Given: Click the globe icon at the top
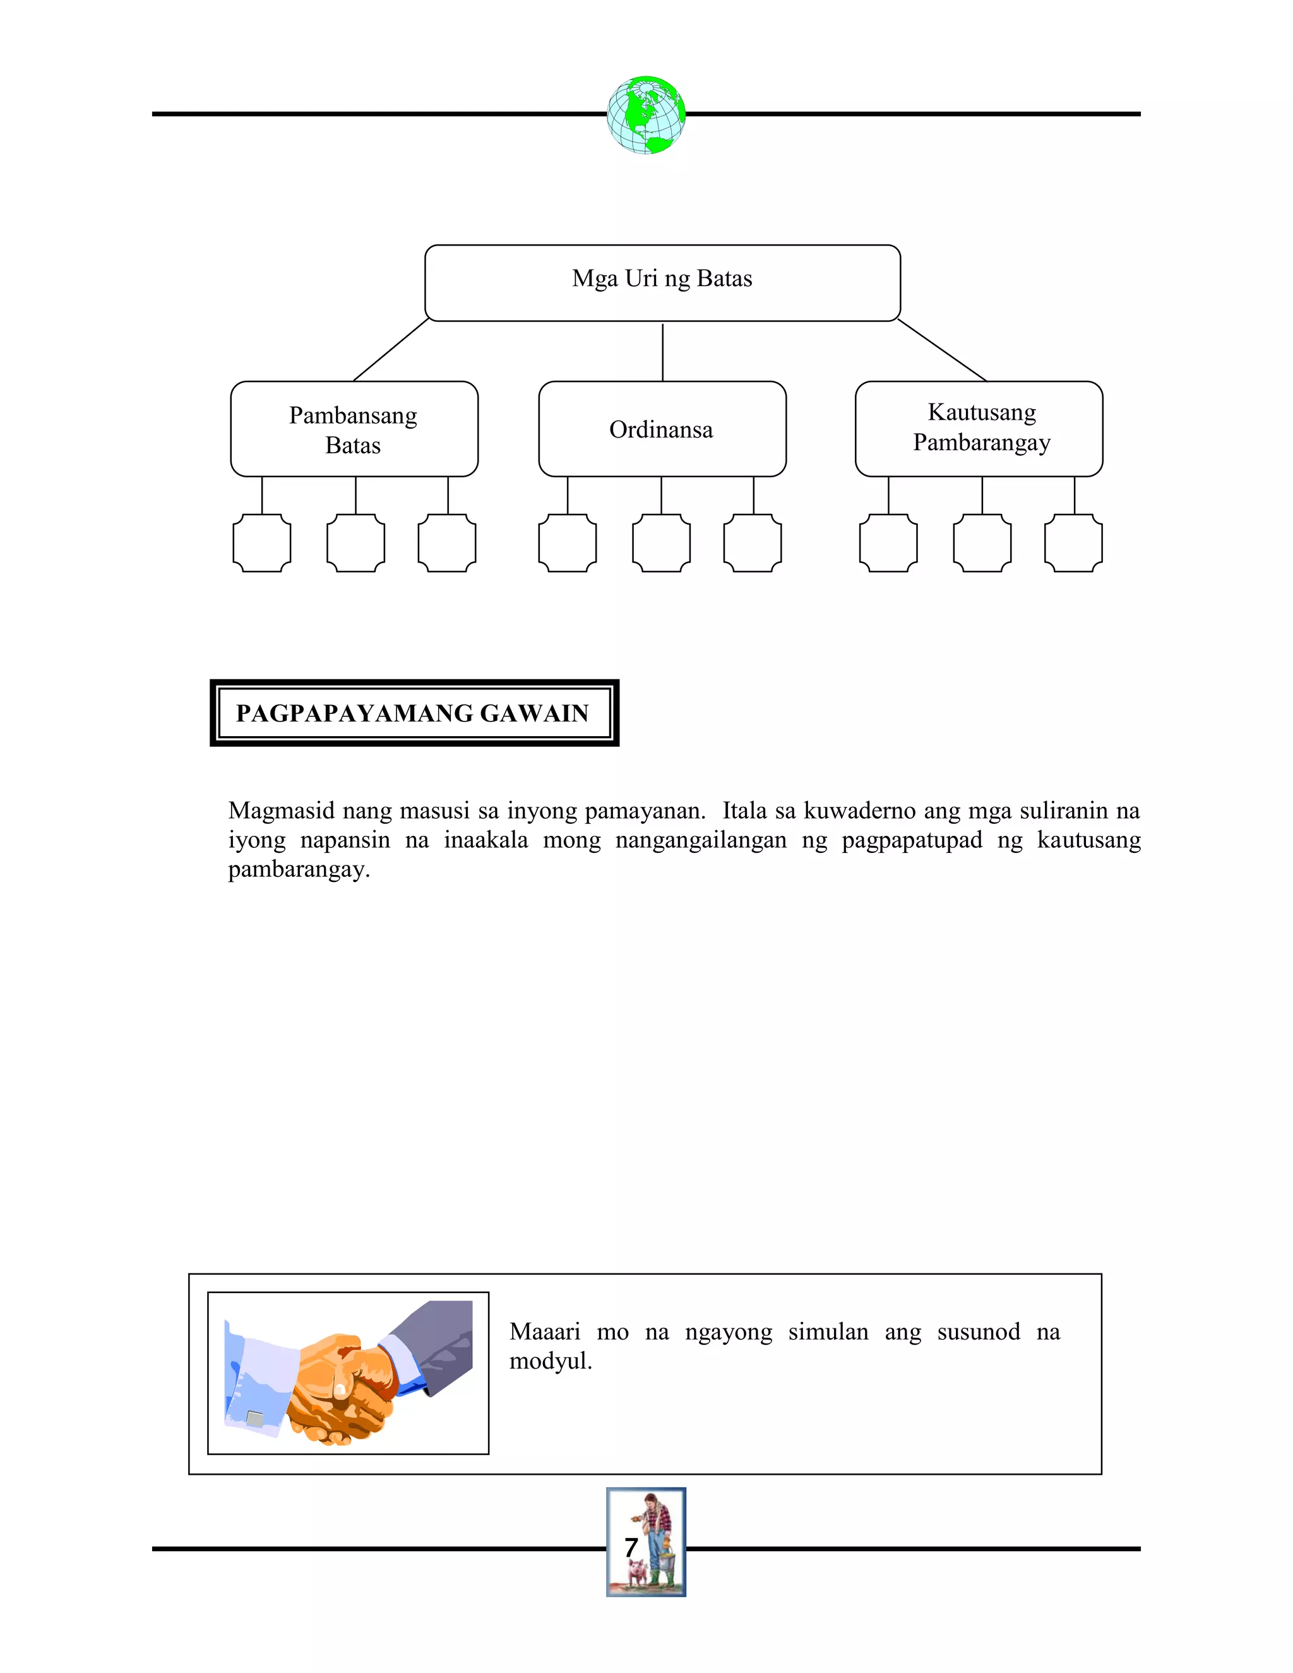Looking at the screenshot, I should click(646, 115).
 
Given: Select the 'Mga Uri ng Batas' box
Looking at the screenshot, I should click(662, 282).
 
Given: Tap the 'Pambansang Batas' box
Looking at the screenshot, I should click(354, 429).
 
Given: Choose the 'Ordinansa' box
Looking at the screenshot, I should click(662, 429).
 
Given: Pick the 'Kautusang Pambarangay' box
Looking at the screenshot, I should click(978, 428).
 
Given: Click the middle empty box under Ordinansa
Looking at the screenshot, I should click(661, 543).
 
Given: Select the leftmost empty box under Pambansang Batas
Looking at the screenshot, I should click(262, 543).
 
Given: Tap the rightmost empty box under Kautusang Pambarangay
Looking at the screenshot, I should click(1073, 543).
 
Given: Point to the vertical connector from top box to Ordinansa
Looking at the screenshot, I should click(662, 352).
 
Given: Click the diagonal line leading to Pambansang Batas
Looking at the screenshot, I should click(391, 350).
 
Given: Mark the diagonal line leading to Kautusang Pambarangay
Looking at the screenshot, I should click(941, 350).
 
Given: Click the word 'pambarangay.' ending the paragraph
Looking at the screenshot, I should click(299, 870).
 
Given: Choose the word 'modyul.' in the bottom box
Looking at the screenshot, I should click(551, 1361).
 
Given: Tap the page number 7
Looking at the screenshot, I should click(631, 1547).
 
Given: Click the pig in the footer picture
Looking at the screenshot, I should click(637, 1575).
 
